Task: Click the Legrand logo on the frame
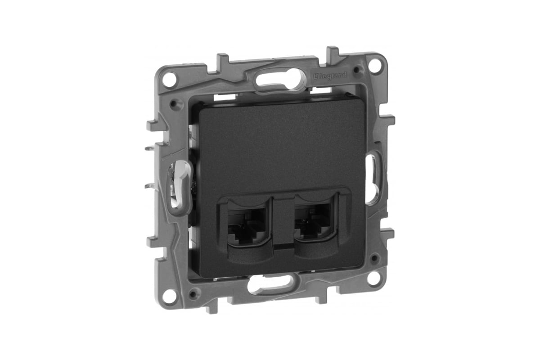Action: tap(330, 76)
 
